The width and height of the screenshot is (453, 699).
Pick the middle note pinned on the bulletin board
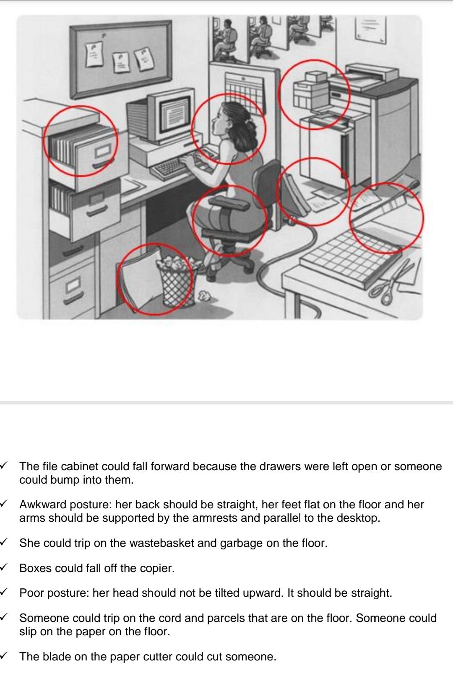tap(120, 62)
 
